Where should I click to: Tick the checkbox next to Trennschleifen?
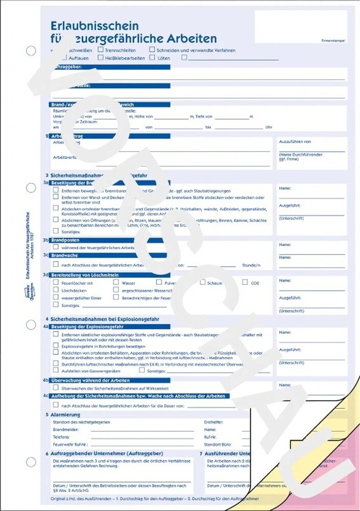[x=100, y=50]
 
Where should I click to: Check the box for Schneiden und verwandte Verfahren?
[x=152, y=50]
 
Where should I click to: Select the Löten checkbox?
[x=152, y=58]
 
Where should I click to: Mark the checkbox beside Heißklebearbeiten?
[x=100, y=58]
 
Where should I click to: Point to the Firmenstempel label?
[x=334, y=40]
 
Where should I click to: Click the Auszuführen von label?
[x=295, y=142]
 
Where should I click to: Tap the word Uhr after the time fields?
[x=269, y=127]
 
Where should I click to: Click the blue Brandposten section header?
[x=64, y=240]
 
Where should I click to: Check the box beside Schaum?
[x=203, y=282]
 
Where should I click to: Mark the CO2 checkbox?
[x=245, y=282]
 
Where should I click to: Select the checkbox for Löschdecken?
[x=56, y=289]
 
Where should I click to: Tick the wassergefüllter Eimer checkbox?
[x=56, y=297]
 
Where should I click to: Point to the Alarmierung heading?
[x=66, y=415]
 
